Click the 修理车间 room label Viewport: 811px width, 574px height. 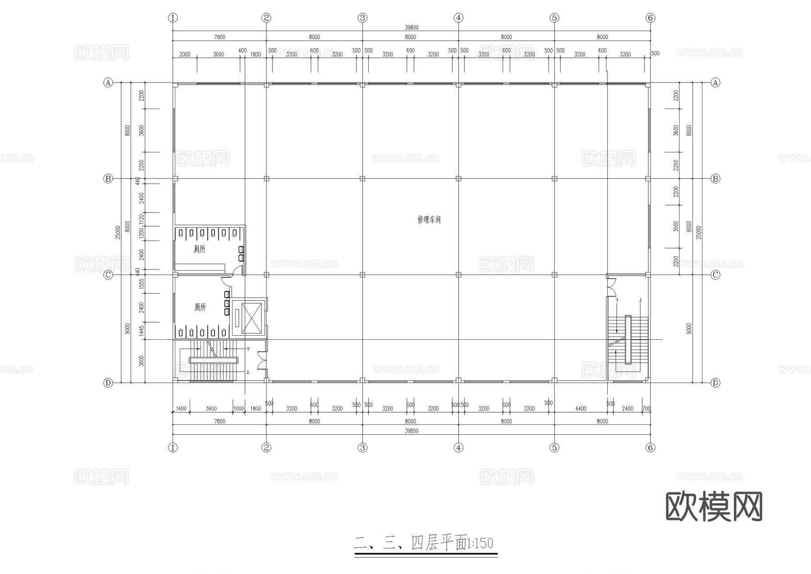(429, 220)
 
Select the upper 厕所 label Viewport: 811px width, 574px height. (199, 249)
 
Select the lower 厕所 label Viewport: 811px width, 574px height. (200, 307)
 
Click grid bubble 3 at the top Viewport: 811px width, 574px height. (363, 18)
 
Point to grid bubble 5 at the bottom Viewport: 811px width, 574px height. (554, 447)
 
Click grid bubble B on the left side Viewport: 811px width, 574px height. (108, 178)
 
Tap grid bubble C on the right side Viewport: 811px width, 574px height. (715, 274)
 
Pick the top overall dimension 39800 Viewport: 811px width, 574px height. (411, 27)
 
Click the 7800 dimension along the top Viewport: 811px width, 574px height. (219, 37)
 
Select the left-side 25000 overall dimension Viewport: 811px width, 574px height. (118, 232)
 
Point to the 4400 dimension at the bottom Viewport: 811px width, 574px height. (581, 409)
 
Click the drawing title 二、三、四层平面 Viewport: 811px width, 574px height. (410, 543)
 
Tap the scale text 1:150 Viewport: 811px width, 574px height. (480, 543)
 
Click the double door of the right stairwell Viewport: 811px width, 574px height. (611, 287)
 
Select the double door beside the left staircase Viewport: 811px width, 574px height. (262, 360)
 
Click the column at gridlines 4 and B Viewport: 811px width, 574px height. (459, 178)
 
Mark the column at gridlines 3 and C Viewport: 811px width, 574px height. (363, 274)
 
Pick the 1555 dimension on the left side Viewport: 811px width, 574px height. (141, 283)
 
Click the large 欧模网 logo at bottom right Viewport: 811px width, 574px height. (714, 506)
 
